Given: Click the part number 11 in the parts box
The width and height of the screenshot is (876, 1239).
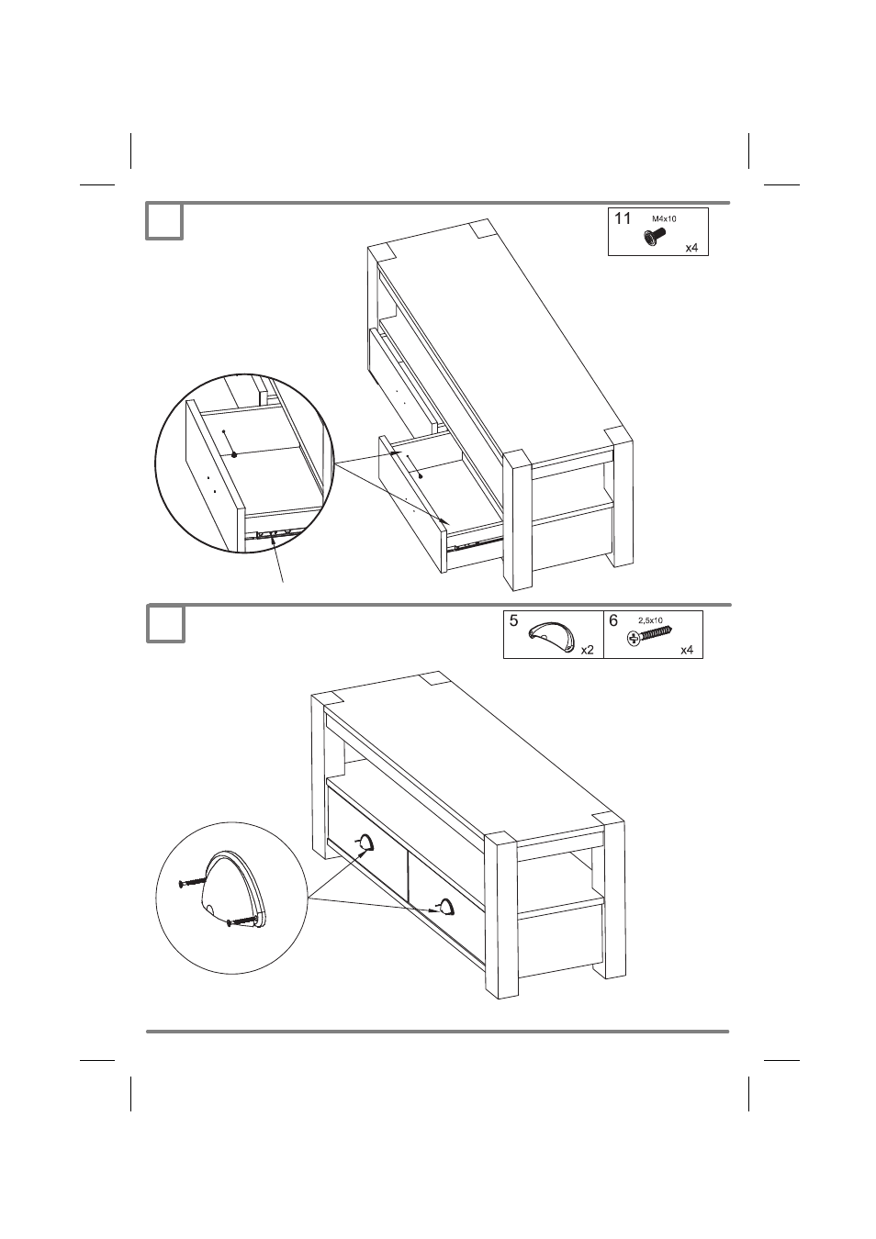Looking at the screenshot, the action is (623, 218).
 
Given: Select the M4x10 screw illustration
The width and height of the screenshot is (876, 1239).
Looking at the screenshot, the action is (654, 237).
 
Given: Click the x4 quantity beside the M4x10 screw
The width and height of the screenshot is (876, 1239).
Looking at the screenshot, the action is (691, 248).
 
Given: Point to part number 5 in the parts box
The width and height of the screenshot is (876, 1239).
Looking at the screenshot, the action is (513, 620).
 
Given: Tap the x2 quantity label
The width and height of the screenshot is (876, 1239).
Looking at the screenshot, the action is (587, 651).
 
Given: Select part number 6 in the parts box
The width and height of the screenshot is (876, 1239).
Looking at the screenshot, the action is (613, 620).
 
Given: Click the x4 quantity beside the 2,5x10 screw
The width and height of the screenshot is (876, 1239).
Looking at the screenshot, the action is (687, 651).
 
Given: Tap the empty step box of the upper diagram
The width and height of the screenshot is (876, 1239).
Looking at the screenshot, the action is (164, 221).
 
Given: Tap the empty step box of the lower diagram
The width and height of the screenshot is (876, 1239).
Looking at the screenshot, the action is (165, 624).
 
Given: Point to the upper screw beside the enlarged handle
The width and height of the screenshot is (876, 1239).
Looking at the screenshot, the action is (193, 883).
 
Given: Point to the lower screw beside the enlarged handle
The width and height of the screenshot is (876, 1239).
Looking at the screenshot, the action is (241, 921).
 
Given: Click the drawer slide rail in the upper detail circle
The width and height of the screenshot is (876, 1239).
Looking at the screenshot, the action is (274, 533).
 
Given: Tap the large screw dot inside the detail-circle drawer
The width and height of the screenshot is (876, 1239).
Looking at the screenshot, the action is (234, 454).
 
